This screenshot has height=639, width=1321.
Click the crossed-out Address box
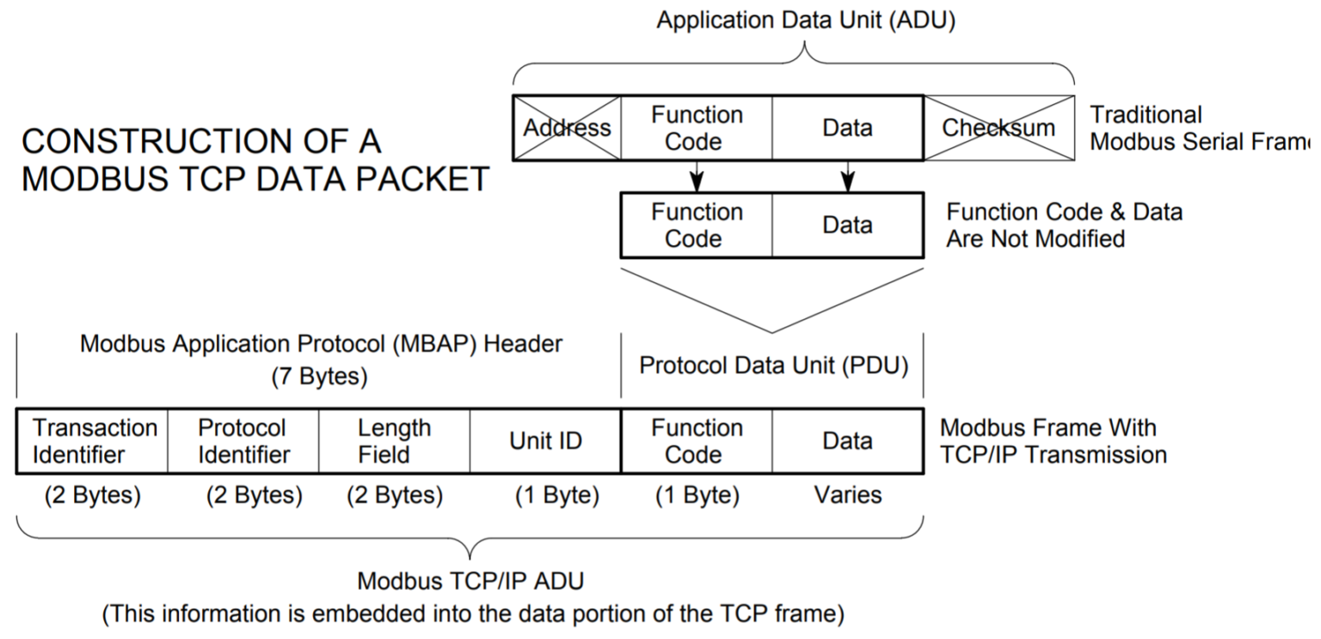[x=567, y=128]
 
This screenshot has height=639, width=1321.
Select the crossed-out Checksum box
[x=998, y=128]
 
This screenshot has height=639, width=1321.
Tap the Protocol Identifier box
[x=243, y=441]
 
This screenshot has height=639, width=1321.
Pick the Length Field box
[x=395, y=441]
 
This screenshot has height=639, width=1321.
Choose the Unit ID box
[x=545, y=441]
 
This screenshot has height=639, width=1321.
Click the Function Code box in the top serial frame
[x=696, y=128]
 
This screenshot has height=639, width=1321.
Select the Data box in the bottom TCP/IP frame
[x=847, y=441]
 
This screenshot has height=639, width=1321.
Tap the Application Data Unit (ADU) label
[x=806, y=21]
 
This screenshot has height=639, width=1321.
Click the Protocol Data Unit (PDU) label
[x=774, y=366]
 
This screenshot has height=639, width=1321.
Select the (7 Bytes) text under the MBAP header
[x=320, y=377]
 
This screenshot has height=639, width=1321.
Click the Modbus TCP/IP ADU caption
[x=470, y=581]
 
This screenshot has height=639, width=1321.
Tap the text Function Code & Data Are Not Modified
[x=1064, y=225]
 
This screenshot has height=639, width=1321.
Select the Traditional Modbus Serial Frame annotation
[x=1200, y=128]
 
